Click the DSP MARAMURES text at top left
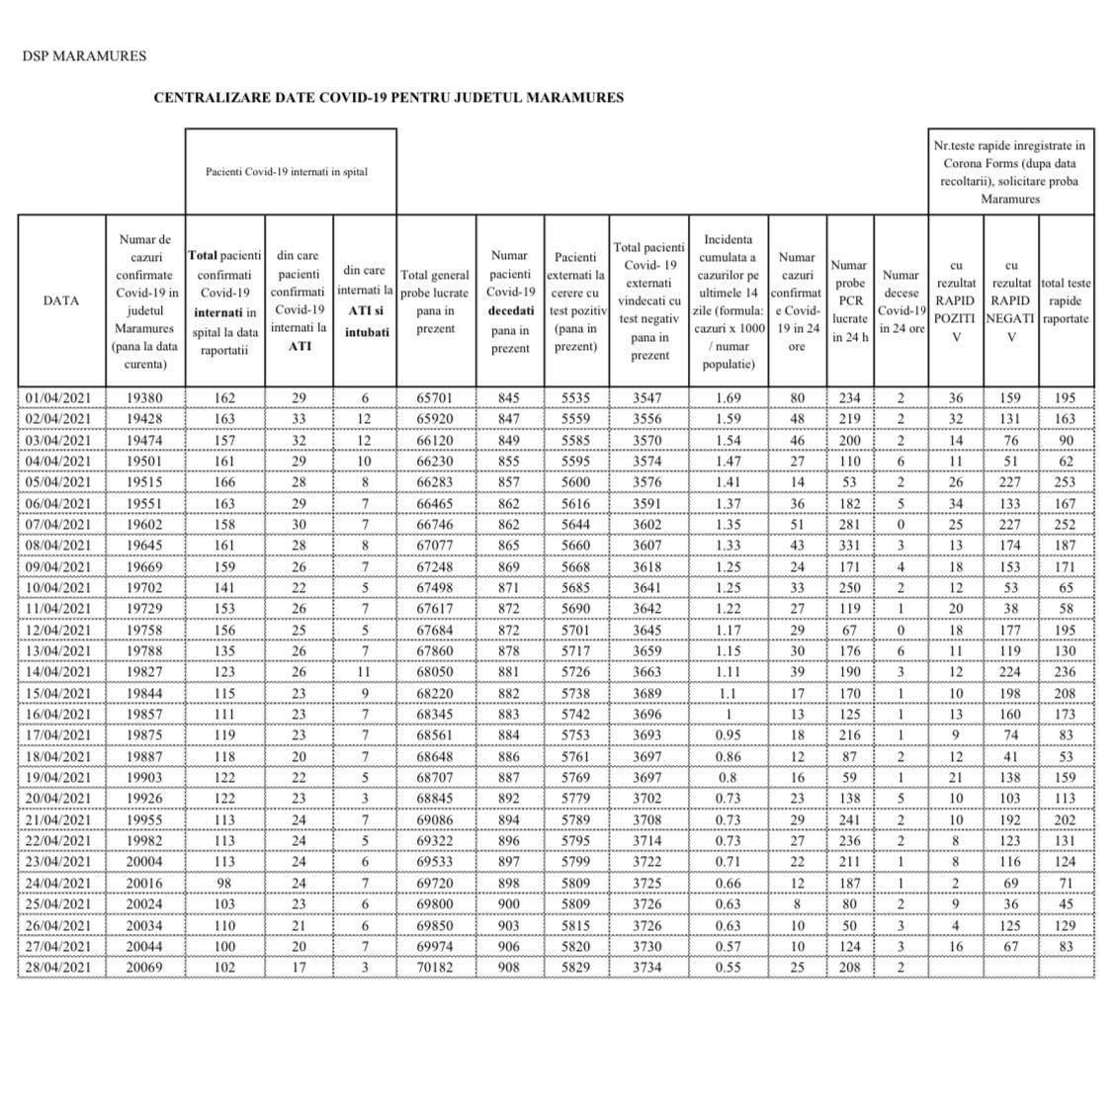point(84,55)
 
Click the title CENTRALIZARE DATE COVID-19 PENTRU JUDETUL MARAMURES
point(388,98)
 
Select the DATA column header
point(61,300)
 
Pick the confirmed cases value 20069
point(144,967)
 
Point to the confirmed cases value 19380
point(144,397)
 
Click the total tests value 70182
point(436,967)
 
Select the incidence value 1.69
point(727,397)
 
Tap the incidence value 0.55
point(727,967)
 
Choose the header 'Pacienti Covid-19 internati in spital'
point(287,171)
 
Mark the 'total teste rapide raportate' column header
point(1066,300)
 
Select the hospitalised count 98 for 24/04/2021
point(224,883)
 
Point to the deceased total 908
point(509,967)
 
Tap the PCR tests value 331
point(849,546)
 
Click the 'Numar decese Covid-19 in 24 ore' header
point(900,300)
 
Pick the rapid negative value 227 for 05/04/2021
point(1010,482)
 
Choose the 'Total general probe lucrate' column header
point(436,300)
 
